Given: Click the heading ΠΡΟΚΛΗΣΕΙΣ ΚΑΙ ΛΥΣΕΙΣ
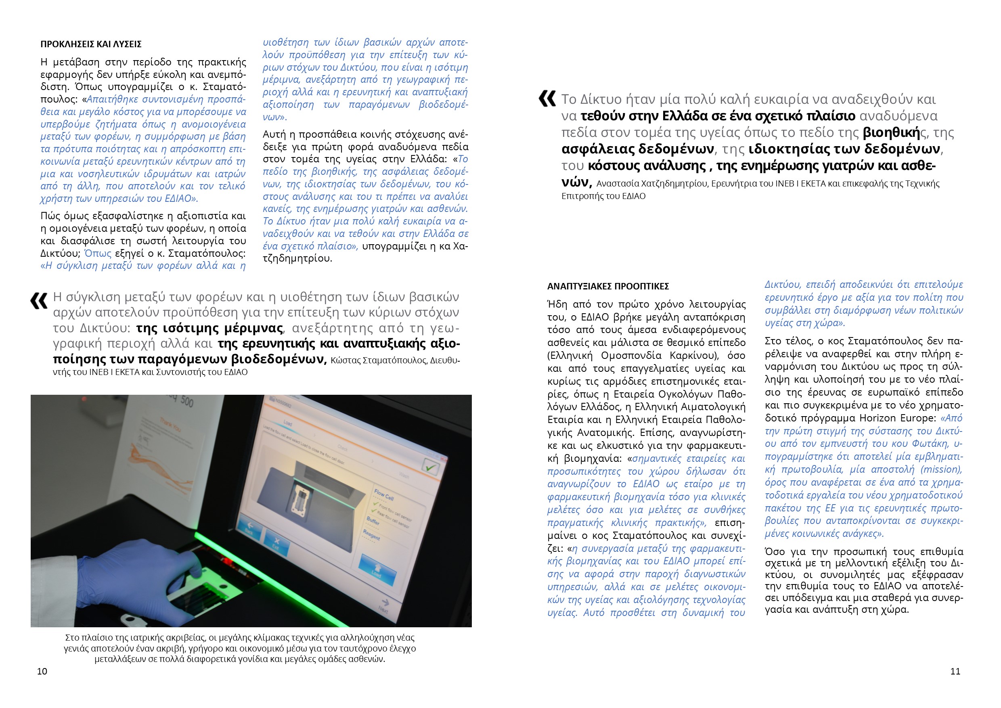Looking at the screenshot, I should [x=91, y=44].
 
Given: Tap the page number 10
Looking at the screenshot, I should [x=42, y=671].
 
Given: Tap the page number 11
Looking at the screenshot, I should [x=955, y=671].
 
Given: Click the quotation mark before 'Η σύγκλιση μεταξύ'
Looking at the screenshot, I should [x=39, y=301].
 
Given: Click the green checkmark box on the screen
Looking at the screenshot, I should [x=430, y=468].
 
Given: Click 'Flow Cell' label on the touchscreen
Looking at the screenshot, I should [x=384, y=495].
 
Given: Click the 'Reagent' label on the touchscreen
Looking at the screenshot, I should [x=371, y=534].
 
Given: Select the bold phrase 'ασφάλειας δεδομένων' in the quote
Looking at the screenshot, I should [x=637, y=149].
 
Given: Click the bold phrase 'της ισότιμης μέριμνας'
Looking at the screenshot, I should [x=210, y=328].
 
